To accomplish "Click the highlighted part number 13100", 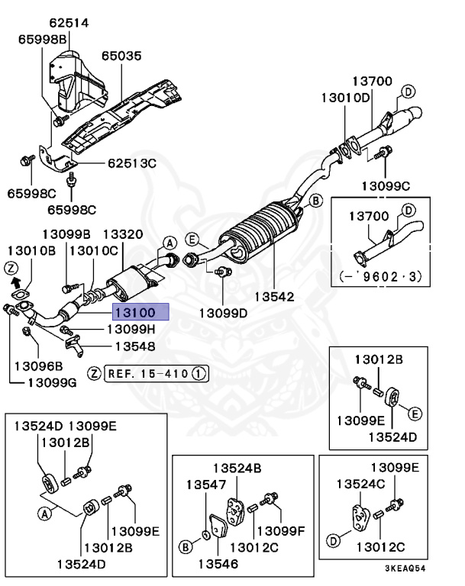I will point(136,312).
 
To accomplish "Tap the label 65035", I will point(122,56).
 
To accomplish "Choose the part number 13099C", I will point(386,185).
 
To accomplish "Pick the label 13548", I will point(134,346).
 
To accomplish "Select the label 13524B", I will point(237,468).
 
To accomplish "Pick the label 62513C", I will point(131,163).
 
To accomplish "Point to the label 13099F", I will point(281,530).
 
